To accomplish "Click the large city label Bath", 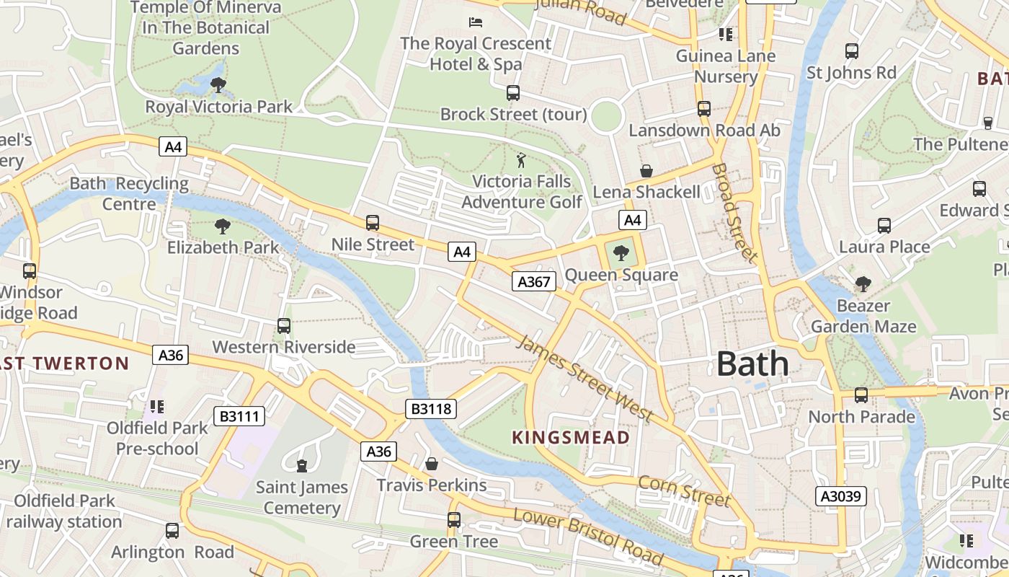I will (x=752, y=364).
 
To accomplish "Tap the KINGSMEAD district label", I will (x=571, y=437).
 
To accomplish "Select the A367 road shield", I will (x=534, y=281).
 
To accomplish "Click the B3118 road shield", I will (x=431, y=409).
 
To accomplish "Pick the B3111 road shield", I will (x=239, y=416).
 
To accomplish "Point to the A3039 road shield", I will (x=840, y=496).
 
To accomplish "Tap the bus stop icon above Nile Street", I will (x=373, y=223).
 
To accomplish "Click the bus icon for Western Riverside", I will (x=284, y=326).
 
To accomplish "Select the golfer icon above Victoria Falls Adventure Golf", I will (x=521, y=160).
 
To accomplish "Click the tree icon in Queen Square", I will (x=621, y=253).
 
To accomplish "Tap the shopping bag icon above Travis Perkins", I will (x=432, y=464).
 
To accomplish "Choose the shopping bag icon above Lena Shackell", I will (x=646, y=171).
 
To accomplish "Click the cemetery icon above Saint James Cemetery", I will (x=302, y=466).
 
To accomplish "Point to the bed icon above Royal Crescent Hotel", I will (x=475, y=22).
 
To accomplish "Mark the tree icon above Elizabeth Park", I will (x=223, y=226).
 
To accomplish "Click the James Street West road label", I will (x=585, y=378).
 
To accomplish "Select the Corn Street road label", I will (x=684, y=490).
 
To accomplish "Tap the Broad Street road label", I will (x=734, y=212).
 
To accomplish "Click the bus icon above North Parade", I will (x=861, y=395).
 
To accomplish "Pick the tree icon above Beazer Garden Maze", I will (x=863, y=284).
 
